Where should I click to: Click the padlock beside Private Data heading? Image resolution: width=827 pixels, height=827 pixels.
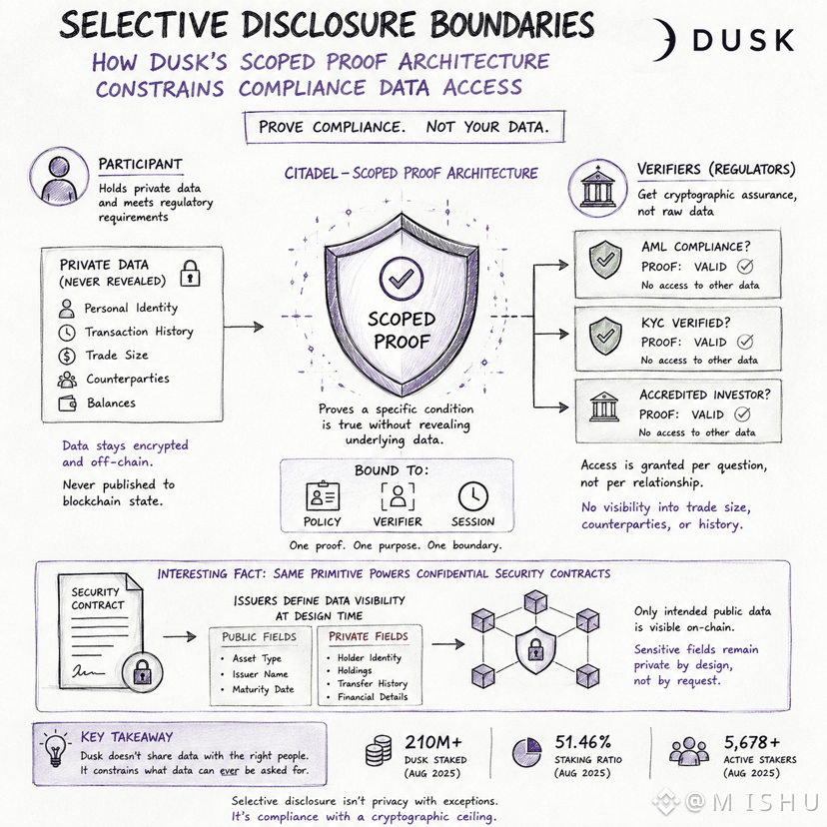190,274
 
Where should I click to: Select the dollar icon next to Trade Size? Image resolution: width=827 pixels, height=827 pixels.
67,356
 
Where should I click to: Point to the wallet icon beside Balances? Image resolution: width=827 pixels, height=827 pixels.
68,404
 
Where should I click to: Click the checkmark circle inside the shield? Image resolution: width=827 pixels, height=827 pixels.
402,279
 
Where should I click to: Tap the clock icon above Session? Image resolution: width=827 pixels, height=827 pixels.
473,496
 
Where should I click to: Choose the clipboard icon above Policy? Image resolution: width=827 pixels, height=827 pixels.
323,495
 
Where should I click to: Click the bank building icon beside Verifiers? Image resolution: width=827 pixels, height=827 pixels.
597,188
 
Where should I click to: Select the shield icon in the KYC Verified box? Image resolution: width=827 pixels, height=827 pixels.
605,336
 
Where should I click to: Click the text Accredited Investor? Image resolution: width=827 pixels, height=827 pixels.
704,395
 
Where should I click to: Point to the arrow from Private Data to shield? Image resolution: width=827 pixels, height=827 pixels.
244,327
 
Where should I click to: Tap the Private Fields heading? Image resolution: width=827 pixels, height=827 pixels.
369,636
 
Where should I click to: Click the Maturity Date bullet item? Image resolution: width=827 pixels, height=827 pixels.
258,689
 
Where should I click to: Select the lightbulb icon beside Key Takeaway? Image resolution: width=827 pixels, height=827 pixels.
55,748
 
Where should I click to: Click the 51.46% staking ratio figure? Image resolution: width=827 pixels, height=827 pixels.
582,742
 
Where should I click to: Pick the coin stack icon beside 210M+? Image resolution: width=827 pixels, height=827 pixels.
379,750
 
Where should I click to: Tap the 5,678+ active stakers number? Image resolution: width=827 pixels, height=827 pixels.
751,742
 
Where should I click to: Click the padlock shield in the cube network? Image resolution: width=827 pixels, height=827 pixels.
535,650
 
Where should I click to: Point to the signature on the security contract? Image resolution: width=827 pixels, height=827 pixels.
88,671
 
